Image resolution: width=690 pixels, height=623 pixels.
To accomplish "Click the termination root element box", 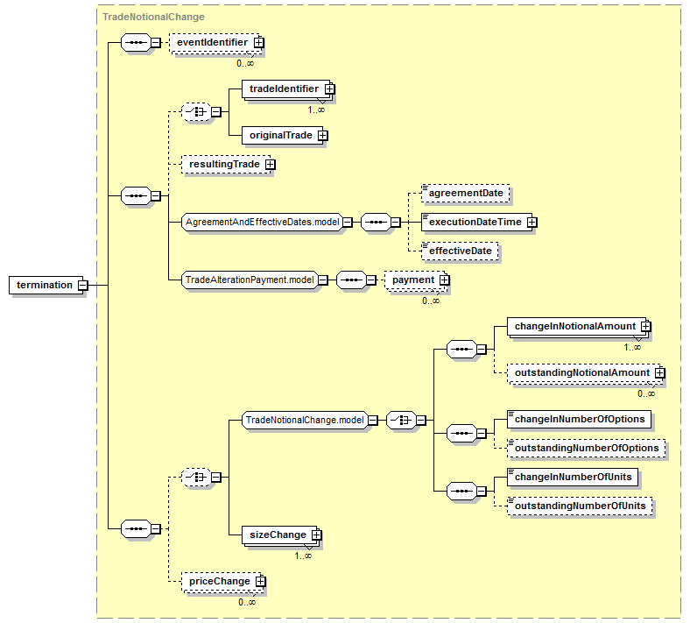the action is pos(47,286).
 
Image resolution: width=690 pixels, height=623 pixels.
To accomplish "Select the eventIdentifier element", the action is pos(215,43).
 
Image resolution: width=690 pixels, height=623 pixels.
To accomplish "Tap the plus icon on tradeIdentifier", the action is pos(329,88).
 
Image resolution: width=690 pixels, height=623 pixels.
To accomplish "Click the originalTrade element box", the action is pos(285,135).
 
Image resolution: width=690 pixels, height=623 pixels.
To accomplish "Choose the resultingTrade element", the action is pos(229,164).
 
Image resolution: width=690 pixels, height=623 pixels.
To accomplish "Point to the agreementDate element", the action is pos(465,193).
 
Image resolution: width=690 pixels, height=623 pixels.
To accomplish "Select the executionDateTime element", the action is pos(479,222).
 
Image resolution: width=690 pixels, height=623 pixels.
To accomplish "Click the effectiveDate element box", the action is pos(460,251).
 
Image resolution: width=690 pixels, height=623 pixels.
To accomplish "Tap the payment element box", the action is pos(416,280).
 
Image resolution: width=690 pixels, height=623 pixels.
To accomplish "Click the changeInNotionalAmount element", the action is pos(578,327).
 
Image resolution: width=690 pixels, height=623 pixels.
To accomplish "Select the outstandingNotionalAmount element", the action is pos(586,373).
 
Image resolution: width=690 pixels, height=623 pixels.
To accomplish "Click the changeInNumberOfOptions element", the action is pos(579,419).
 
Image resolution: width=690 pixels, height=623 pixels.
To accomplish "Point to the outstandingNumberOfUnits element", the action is pos(580,506).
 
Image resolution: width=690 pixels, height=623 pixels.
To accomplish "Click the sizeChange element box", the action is pos(281,535).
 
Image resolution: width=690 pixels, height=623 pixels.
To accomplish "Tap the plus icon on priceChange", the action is pos(261,582).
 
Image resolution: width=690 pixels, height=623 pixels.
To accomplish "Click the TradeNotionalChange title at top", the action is pos(153,17).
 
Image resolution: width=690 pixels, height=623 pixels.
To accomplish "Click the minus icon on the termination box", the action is pos(82,286).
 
